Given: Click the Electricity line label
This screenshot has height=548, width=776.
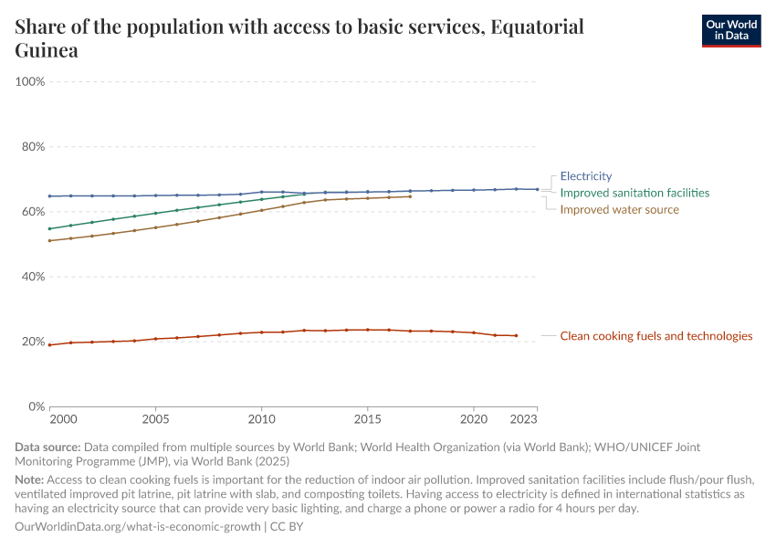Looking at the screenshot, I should coord(585,176).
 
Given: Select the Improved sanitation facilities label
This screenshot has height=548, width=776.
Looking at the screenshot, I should coord(634,193).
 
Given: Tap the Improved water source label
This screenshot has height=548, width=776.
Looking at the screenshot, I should coord(619,209).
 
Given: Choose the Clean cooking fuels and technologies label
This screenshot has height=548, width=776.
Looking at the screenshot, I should coord(655,336).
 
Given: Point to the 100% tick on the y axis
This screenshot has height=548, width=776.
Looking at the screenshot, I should coord(30,82).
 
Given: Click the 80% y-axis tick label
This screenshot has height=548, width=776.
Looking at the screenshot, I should coord(32,147).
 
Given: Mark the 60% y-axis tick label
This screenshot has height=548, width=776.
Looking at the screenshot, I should coord(32,212).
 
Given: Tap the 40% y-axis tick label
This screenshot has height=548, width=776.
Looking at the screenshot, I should coord(32,277).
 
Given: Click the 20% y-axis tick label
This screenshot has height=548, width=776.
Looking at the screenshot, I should coord(32,342).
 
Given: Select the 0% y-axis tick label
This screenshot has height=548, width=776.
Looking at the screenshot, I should coord(35,406).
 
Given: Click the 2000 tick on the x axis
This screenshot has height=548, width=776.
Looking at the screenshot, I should coord(63,420).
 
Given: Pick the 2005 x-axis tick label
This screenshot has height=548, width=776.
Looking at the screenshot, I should coord(155,420).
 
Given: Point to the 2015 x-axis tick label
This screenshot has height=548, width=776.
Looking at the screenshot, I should coord(367,420).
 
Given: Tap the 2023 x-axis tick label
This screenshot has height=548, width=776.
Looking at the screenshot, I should coord(524,420).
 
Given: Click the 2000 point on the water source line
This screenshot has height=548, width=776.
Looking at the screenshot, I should coord(50,241).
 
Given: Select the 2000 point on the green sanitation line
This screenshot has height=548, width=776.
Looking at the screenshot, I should coord(50,228).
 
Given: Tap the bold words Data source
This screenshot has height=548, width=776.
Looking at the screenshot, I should coord(47,448).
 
